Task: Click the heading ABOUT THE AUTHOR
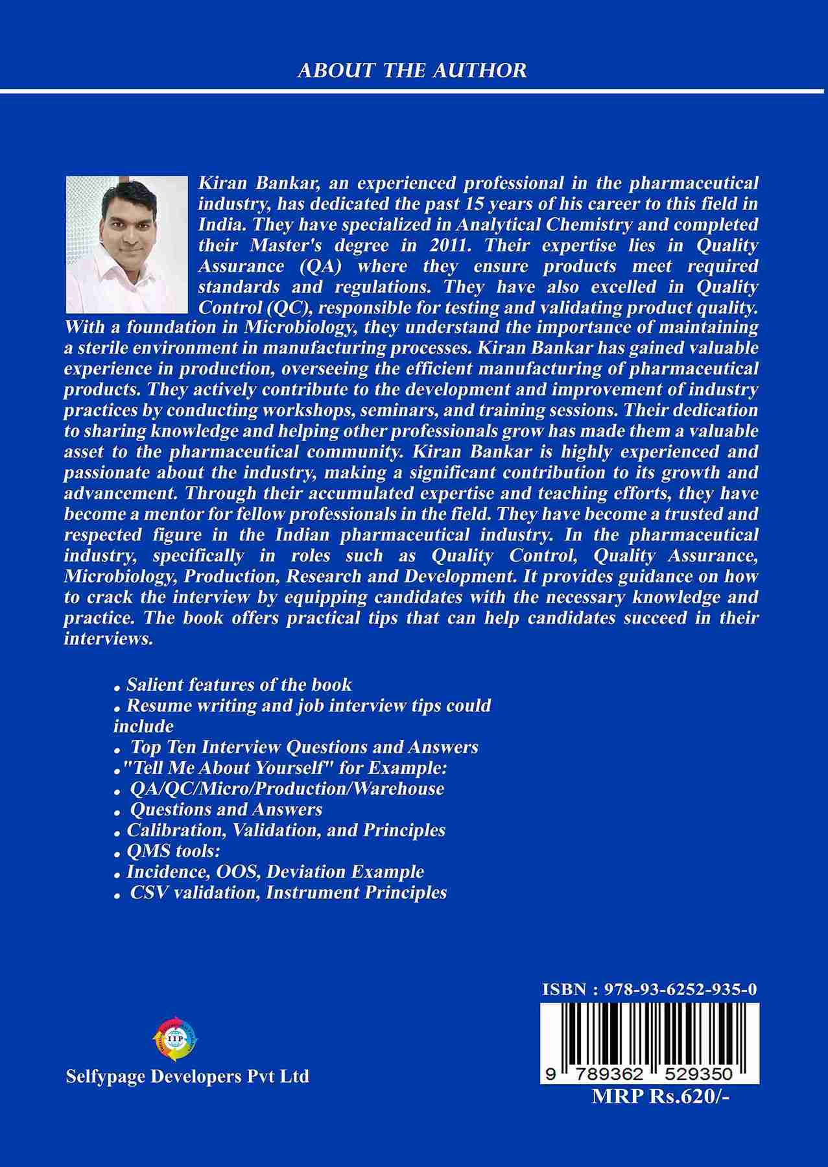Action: click(x=412, y=70)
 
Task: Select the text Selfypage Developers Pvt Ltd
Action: click(x=187, y=1076)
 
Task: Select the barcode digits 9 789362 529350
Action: click(x=642, y=1074)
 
